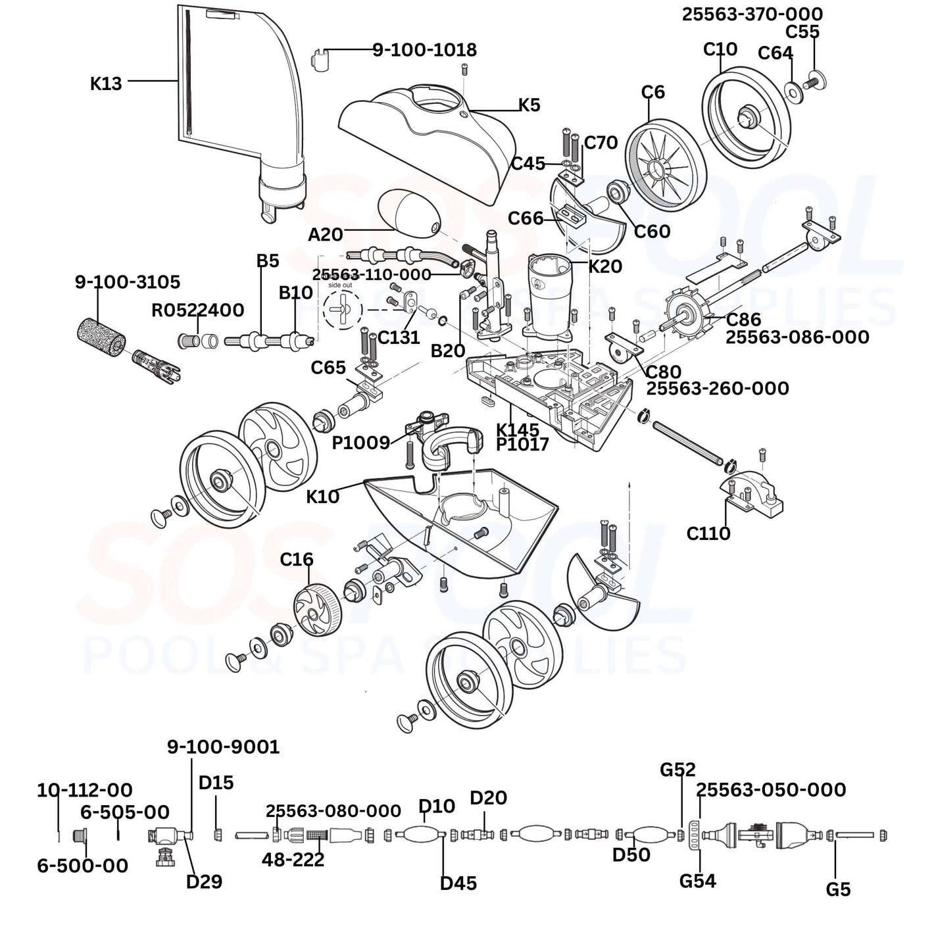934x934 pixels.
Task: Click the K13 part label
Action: [x=106, y=84]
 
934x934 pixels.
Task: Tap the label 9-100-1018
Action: [x=424, y=50]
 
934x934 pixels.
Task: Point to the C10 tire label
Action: [x=720, y=49]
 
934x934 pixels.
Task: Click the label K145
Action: [x=518, y=430]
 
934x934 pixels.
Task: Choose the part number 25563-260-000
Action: [x=718, y=388]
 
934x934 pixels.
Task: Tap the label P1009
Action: [x=361, y=443]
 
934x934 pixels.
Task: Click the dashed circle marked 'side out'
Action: [x=343, y=308]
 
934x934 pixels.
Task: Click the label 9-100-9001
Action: [x=223, y=747]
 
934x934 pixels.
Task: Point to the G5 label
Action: [x=838, y=889]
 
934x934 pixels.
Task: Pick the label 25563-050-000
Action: [x=771, y=789]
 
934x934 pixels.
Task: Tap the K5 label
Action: [x=529, y=105]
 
